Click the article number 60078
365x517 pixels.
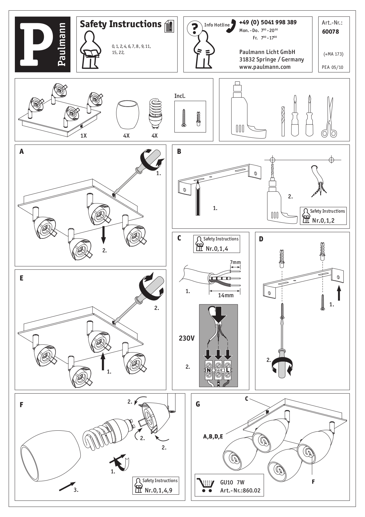(330, 32)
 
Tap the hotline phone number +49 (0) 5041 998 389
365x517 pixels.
(268, 22)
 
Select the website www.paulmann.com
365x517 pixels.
(265, 67)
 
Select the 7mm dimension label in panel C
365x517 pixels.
(235, 262)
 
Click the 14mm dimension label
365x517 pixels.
(226, 295)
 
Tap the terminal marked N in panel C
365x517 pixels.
(209, 370)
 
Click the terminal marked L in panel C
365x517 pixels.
(228, 370)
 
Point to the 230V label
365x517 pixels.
(187, 338)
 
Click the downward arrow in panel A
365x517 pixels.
(103, 235)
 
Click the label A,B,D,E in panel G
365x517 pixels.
(213, 437)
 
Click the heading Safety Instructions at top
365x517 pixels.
(120, 24)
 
